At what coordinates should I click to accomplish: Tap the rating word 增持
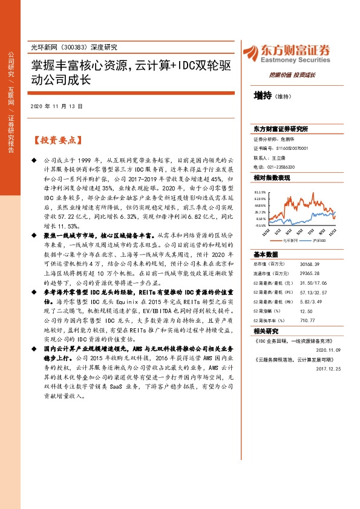click(263, 96)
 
